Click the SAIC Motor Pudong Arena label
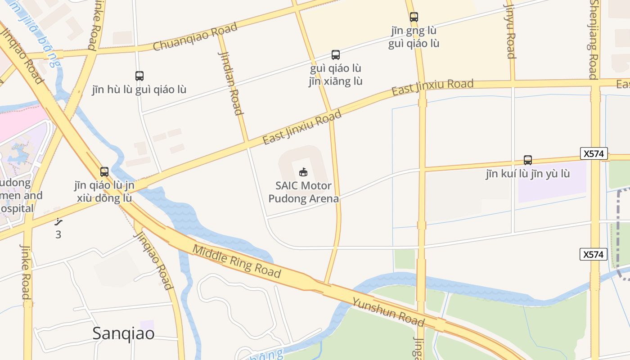tap(303, 192)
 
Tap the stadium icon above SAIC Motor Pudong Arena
tap(303, 172)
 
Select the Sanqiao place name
tap(123, 333)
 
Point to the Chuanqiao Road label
tap(195, 37)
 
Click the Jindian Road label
tap(231, 83)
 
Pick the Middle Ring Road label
tap(237, 261)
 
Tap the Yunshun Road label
tap(388, 312)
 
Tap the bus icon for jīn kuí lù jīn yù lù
tap(528, 160)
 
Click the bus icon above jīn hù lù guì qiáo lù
tap(139, 76)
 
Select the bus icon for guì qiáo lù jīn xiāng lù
tap(336, 55)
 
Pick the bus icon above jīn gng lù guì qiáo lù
tap(414, 17)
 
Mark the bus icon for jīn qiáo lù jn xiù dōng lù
tap(104, 172)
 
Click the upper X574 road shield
tap(594, 153)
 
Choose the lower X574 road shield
tap(593, 254)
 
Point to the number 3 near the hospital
tap(58, 234)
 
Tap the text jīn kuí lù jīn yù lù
tap(528, 174)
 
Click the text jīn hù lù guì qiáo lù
tap(139, 90)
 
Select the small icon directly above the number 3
tap(58, 221)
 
